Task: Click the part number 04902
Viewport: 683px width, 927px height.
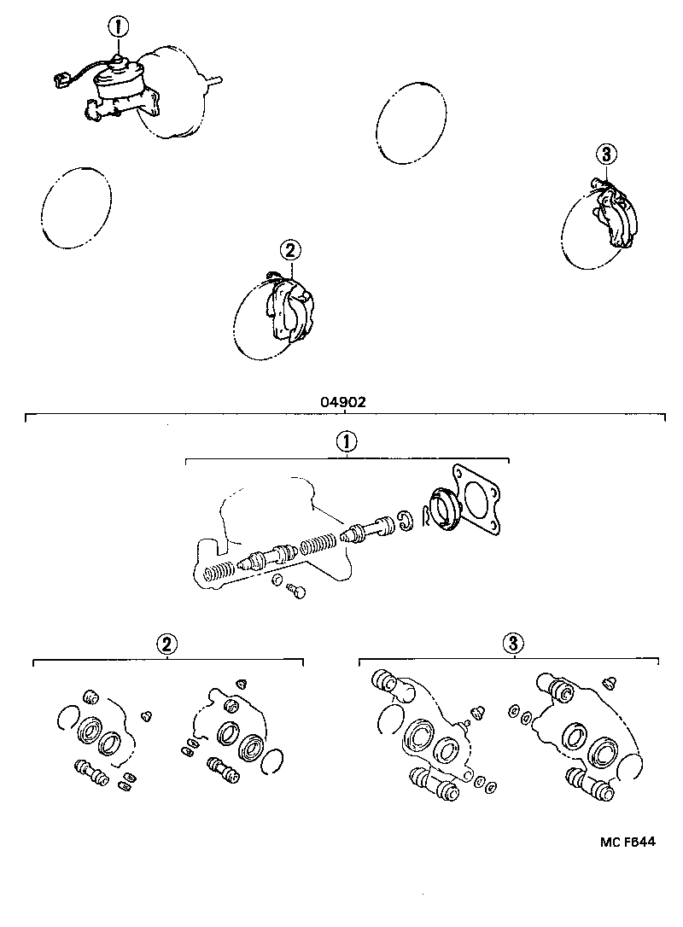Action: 345,402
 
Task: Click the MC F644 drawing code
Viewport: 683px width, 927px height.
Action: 627,842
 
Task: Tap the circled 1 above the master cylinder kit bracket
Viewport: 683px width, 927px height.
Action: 346,442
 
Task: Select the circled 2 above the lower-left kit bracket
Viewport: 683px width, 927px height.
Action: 166,644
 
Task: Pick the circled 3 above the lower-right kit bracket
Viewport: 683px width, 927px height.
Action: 514,643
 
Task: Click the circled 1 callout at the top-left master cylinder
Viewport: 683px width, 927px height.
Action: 118,26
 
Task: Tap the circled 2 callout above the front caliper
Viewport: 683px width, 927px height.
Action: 289,250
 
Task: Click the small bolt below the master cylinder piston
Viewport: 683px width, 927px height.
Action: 296,590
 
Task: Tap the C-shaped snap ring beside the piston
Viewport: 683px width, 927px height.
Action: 406,521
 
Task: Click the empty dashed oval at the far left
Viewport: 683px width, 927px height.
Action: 76,207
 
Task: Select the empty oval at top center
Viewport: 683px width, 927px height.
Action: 412,123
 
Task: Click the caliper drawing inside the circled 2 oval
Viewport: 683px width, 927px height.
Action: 290,311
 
